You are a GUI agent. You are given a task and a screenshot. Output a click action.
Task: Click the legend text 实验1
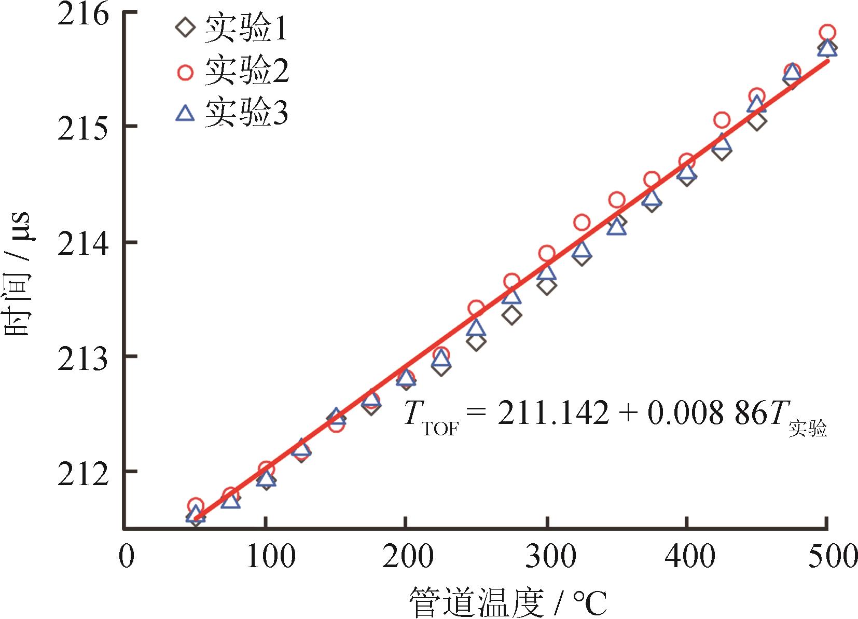point(246,30)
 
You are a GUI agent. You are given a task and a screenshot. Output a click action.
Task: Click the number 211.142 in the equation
point(553,414)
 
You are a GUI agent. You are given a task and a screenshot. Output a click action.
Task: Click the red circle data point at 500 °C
point(827,33)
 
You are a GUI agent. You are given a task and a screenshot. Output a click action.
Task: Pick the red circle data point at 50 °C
point(195,505)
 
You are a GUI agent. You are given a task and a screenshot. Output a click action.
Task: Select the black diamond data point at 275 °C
point(512,315)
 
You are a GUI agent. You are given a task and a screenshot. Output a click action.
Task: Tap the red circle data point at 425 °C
point(722,120)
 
